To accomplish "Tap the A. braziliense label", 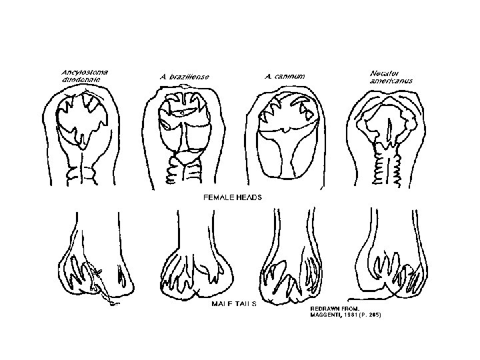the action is pos(185,77).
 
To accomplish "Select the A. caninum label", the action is pos(285,76).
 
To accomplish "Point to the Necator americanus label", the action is pos(390,76).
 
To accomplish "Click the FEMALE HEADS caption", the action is pos(232,197).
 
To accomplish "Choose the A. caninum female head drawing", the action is pos(285,137).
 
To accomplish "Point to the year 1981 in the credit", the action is pos(353,315).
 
